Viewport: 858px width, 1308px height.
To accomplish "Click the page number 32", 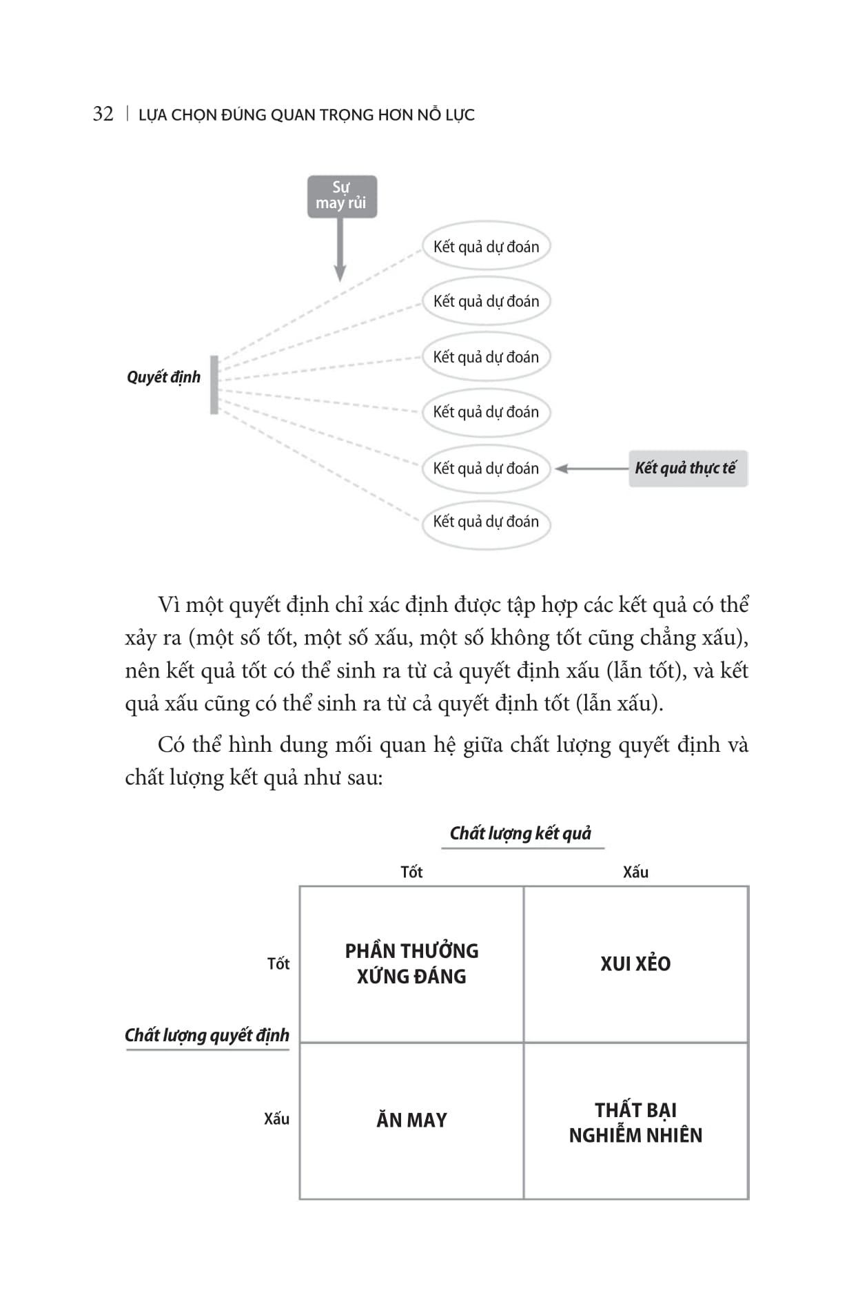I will [x=103, y=114].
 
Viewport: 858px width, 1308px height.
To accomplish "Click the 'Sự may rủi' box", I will [x=342, y=196].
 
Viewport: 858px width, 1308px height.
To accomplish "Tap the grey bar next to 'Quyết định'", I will [x=214, y=385].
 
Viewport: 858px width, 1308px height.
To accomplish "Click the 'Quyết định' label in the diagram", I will [x=163, y=377].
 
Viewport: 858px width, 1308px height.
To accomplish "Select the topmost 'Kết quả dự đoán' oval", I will [x=486, y=247].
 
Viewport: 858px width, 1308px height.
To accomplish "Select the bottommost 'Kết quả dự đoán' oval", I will [x=486, y=522].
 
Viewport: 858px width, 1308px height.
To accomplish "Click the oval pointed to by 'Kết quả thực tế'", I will [x=486, y=469].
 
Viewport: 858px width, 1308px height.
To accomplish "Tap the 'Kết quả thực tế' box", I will [x=687, y=469].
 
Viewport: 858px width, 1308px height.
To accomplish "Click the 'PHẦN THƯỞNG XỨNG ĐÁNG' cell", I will [x=411, y=963].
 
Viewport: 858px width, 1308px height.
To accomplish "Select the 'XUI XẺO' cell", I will [x=635, y=963].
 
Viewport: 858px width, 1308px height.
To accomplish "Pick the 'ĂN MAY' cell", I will [x=411, y=1120].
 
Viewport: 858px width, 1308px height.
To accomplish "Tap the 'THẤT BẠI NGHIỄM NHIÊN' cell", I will [x=635, y=1122].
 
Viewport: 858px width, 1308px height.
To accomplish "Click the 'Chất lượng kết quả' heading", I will [x=520, y=833].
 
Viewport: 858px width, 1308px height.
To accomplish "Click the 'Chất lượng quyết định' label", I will [x=207, y=1035].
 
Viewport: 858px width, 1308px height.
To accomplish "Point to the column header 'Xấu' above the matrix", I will [x=635, y=872].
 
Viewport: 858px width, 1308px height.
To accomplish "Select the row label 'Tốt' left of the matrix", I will [x=278, y=963].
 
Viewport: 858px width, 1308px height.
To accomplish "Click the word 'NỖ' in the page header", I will [x=429, y=114].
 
